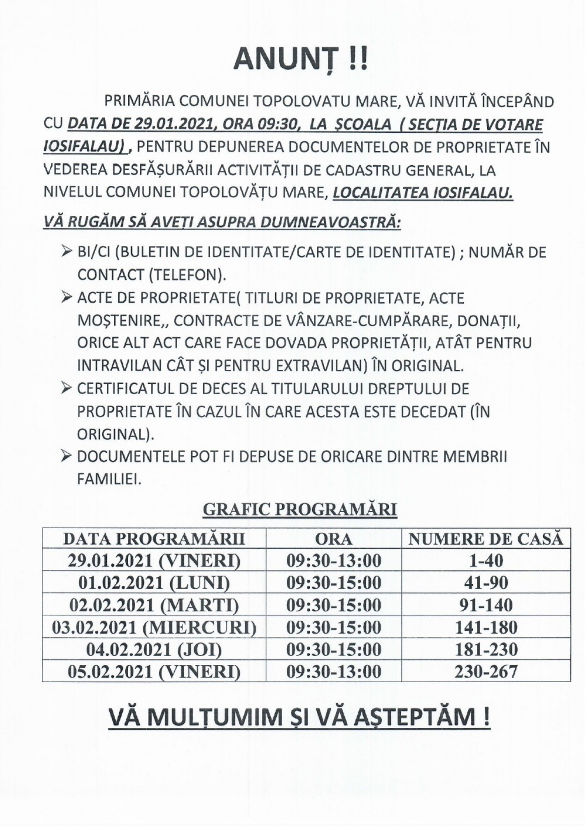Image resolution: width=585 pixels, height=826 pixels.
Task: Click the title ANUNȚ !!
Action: coord(300,59)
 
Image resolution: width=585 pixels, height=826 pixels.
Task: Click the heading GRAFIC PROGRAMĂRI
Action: coord(299,509)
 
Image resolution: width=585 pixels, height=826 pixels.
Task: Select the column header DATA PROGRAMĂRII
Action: coord(154,539)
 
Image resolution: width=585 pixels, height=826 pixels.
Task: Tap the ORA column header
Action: coord(334,539)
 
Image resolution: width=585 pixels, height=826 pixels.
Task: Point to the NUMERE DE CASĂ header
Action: coord(486,539)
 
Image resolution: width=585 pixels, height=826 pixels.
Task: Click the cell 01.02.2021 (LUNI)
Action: coord(154,583)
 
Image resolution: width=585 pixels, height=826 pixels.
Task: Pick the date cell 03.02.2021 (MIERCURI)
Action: coord(154,627)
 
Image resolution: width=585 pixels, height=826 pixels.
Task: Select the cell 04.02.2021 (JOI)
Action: coord(154,650)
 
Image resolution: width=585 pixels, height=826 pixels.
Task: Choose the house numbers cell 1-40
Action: coord(486,560)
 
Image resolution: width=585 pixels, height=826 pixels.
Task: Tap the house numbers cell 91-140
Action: coord(486,605)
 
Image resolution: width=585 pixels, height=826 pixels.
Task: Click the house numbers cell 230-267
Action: coord(486,671)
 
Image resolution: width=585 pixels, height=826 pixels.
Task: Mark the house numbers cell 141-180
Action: coord(486,627)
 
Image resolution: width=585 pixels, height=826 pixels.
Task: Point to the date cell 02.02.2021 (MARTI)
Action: coord(154,605)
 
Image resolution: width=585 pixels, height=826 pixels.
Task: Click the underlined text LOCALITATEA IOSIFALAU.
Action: coord(423,193)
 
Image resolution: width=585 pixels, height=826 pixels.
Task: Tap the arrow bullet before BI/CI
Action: coord(66,252)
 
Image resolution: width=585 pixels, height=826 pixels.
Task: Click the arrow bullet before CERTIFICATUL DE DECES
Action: coord(66,388)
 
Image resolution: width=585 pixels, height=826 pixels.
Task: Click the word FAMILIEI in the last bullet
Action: coord(109,479)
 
